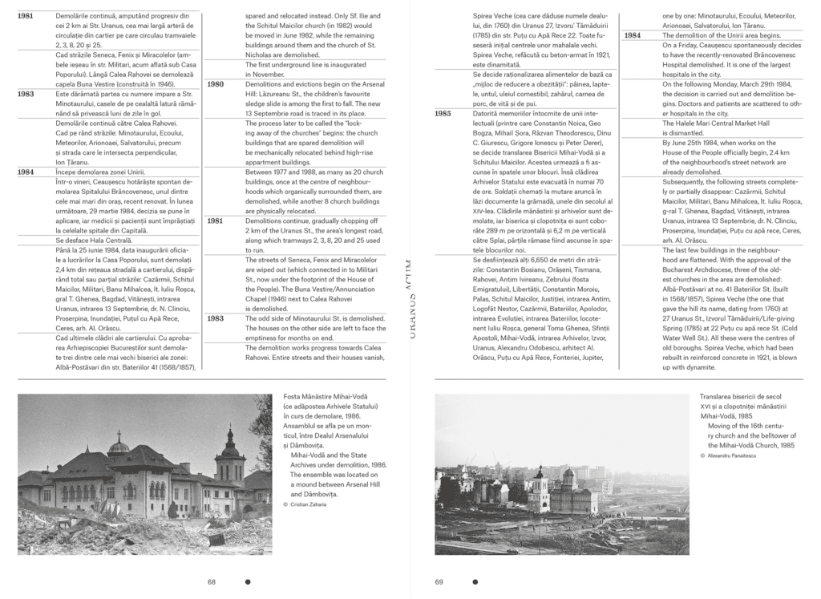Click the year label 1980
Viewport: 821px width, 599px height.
tap(216, 83)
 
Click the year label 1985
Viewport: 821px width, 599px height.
tap(443, 113)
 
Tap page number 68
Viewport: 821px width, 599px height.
tap(212, 581)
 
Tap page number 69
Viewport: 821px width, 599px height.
tap(439, 581)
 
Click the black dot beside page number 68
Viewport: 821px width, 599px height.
tap(248, 581)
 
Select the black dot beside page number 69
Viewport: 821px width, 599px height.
tap(476, 581)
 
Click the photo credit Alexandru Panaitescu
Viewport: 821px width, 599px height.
tap(736, 455)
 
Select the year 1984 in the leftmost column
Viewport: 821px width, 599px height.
tap(26, 172)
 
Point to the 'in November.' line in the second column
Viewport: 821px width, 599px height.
tap(265, 74)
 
